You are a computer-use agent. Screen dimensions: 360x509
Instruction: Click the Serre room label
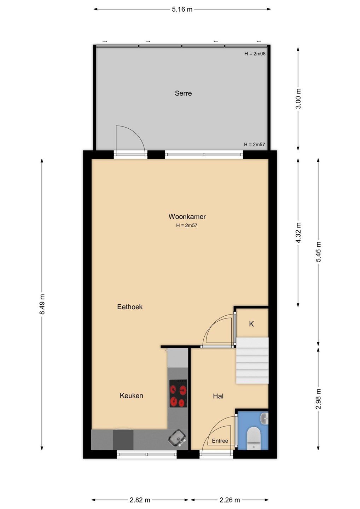click(x=183, y=93)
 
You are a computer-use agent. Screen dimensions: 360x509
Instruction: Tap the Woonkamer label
click(x=187, y=217)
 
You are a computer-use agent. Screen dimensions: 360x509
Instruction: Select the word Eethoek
click(x=130, y=307)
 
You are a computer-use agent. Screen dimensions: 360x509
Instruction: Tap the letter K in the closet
click(x=251, y=324)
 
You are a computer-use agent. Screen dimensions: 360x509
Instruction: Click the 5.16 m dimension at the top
click(x=182, y=9)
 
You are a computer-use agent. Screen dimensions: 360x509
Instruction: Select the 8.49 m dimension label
click(x=42, y=304)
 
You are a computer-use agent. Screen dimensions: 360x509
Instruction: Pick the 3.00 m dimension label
click(x=298, y=99)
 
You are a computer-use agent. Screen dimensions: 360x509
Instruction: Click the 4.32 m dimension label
click(x=298, y=233)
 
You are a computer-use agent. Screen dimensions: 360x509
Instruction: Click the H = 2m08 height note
click(x=255, y=54)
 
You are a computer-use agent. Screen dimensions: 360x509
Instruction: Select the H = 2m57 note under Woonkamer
click(x=187, y=226)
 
